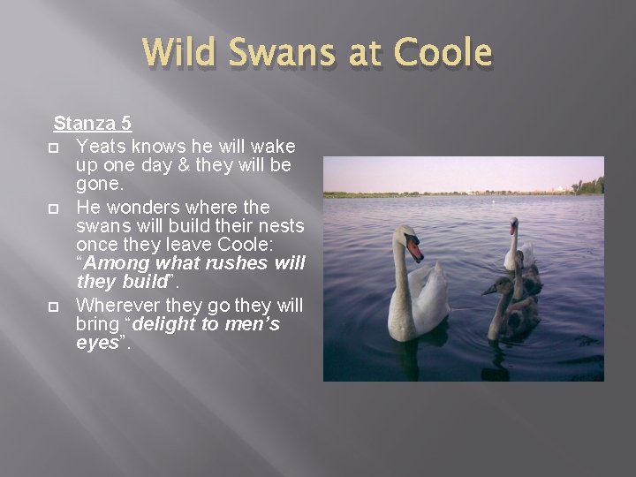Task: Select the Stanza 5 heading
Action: [93, 123]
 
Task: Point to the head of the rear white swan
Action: [513, 227]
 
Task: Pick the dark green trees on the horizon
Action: [588, 186]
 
